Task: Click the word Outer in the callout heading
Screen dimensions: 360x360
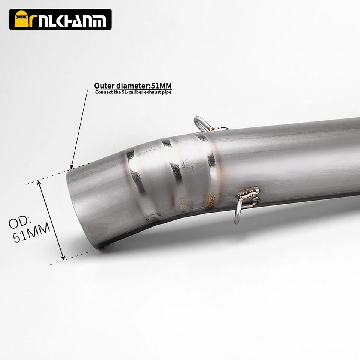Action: pos(104,86)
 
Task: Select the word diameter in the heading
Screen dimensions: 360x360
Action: pos(132,85)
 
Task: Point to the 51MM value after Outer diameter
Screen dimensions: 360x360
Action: pos(161,85)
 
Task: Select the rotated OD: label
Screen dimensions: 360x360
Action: pos(20,222)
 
